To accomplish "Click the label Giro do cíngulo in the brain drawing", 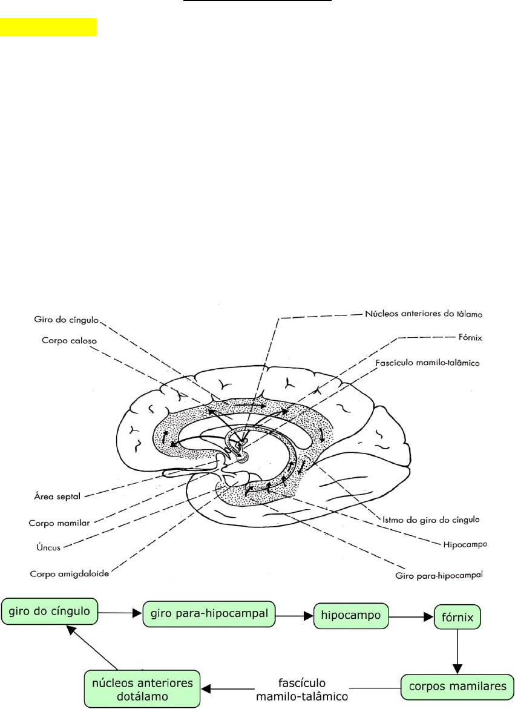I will click(x=67, y=319).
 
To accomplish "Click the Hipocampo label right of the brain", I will click(x=461, y=544).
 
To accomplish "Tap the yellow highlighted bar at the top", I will click(x=48, y=27).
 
